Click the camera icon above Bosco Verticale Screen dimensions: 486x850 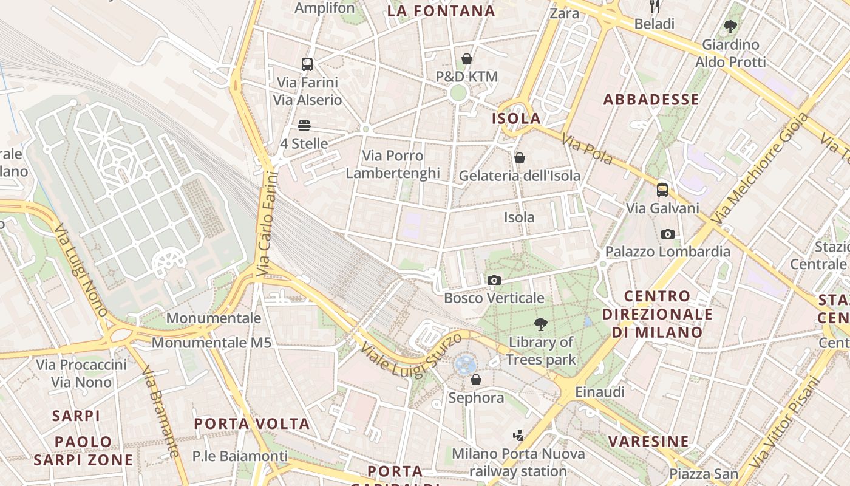coord(494,280)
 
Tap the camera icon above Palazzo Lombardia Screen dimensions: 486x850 coord(667,234)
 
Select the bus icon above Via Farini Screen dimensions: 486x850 coord(307,64)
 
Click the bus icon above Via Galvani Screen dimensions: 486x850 coord(662,190)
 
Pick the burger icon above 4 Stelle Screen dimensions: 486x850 coord(304,126)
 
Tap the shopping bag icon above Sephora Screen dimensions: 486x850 coord(476,380)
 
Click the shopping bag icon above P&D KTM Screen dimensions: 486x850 coord(467,59)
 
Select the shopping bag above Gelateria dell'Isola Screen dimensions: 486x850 coord(520,158)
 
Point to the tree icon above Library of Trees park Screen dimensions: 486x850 coord(540,324)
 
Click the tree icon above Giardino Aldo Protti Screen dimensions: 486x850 coord(730,27)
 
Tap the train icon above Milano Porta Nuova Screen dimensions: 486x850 coord(518,435)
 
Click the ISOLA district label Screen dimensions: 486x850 coord(516,118)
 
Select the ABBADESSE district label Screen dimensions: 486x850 coord(651,100)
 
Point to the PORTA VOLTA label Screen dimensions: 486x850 coord(251,423)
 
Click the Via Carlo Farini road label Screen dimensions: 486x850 coord(267,224)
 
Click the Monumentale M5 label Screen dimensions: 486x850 coord(211,343)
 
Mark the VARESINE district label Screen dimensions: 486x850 coord(648,441)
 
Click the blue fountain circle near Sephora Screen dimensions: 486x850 coord(465,364)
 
